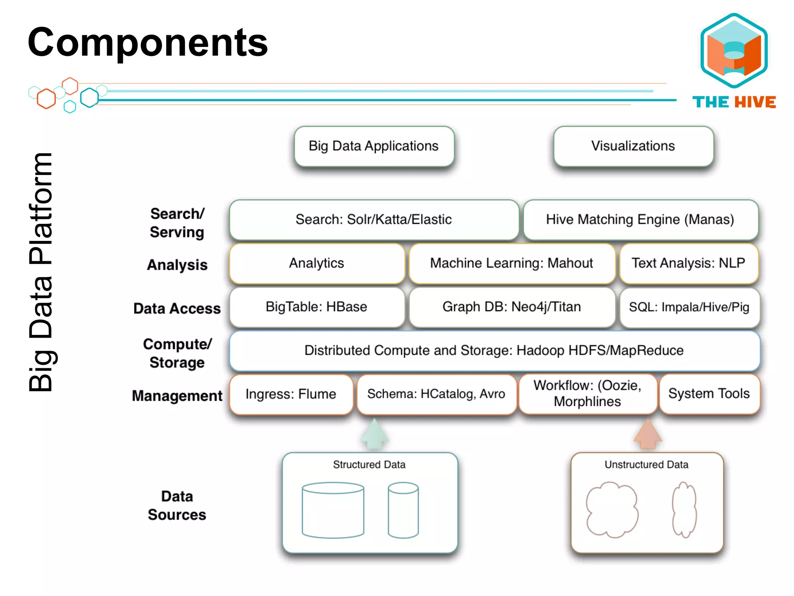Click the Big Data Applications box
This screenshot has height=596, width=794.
click(x=374, y=146)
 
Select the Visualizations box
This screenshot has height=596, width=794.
click(x=633, y=146)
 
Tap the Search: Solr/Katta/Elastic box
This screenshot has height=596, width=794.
click(x=374, y=220)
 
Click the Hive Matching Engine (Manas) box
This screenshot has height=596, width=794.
click(x=640, y=220)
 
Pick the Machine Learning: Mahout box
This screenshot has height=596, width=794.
click(x=511, y=263)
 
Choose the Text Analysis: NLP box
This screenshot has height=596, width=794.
click(x=689, y=263)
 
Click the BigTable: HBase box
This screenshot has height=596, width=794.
click(x=316, y=307)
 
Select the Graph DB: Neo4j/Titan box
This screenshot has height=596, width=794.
click(x=511, y=307)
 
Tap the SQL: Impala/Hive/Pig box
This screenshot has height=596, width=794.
click(x=689, y=307)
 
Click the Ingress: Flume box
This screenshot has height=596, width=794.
click(x=291, y=394)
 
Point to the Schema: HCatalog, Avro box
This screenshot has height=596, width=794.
click(x=436, y=394)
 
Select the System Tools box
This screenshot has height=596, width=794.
click(x=709, y=394)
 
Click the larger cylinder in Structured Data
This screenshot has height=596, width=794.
click(x=333, y=510)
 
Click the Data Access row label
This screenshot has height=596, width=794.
click(x=177, y=308)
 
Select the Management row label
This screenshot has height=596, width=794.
click(x=177, y=396)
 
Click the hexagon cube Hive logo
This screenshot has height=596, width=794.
click(x=734, y=50)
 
